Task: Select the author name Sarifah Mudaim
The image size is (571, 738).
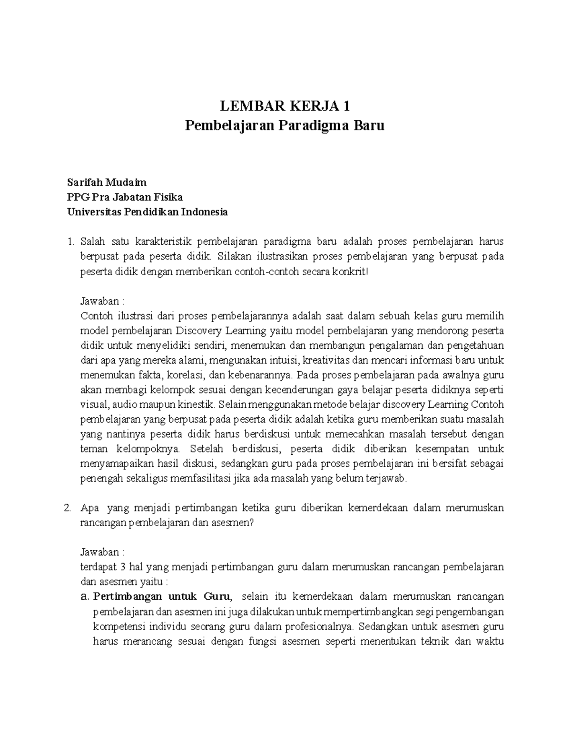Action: click(107, 182)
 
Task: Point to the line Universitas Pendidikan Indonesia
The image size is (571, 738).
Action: click(148, 212)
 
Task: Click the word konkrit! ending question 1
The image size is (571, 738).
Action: click(352, 272)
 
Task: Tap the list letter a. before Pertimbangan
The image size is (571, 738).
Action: click(86, 596)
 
